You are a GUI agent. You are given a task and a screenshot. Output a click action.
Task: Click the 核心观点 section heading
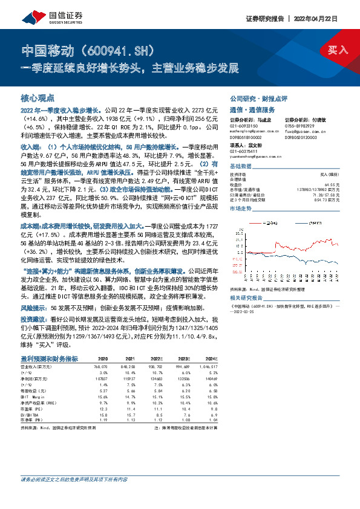point(38,97)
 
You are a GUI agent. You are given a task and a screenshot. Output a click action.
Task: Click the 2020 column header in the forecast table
point(103,358)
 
